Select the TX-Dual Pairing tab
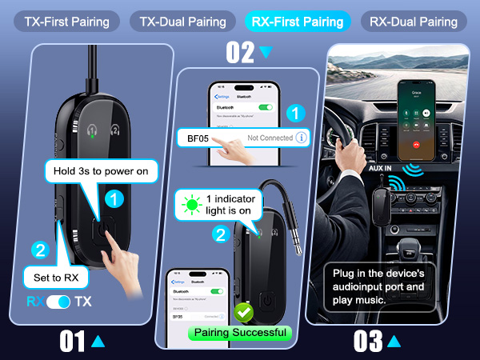coord(182,22)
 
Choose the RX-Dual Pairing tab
coord(414,22)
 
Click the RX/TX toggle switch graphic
coord(58,302)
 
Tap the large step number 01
coord(73,342)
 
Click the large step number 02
coord(240,52)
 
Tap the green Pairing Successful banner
coord(239,332)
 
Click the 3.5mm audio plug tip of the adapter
coord(297,246)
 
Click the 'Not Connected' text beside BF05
coord(270,138)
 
